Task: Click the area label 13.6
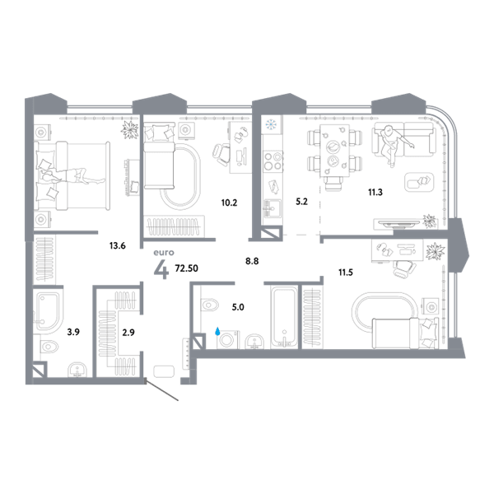point(117,245)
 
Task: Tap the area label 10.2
point(229,203)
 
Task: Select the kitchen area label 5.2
point(301,202)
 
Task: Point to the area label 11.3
point(375,192)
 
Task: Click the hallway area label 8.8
point(252,261)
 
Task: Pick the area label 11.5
point(346,273)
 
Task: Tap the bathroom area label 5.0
point(238,307)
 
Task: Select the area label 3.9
point(73,332)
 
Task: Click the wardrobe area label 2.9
point(128,333)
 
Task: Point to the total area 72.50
point(187,268)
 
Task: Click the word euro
point(164,253)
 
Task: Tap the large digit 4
point(161,270)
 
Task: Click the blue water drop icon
point(217,332)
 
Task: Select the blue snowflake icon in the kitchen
point(271,124)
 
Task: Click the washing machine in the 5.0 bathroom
point(228,339)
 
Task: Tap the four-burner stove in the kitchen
point(273,161)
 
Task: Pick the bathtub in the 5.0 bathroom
point(284,317)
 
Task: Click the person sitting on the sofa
point(394,144)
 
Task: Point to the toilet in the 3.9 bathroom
point(49,347)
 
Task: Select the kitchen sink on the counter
point(273,208)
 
